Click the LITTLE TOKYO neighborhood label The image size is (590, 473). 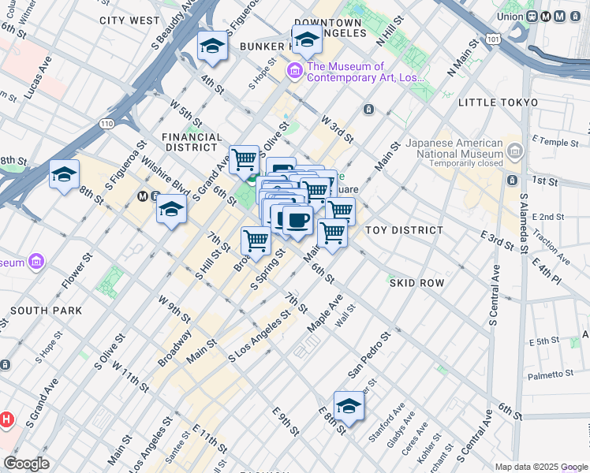tap(499, 102)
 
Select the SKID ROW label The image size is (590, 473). tap(416, 282)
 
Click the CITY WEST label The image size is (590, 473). tap(130, 20)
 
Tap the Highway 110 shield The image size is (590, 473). tap(107, 123)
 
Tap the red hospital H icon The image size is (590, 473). tap(6, 419)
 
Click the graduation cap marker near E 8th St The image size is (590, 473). tap(349, 406)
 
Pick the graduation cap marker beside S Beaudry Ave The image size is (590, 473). tap(212, 47)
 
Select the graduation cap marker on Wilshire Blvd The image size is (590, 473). tap(171, 210)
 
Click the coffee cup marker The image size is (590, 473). tap(297, 220)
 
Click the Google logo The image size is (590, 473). tap(27, 464)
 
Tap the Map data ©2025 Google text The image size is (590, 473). tap(541, 467)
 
